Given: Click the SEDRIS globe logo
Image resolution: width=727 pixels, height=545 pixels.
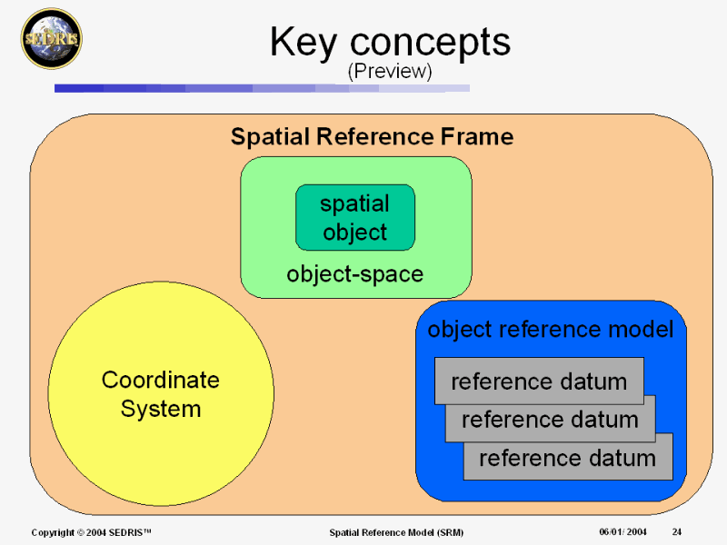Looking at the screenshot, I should click(x=51, y=39).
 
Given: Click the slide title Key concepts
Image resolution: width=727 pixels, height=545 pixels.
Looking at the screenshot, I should click(x=390, y=42).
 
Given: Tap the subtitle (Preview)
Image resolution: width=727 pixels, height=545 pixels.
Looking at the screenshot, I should click(x=389, y=70).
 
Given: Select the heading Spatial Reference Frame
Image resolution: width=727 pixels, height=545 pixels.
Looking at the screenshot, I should click(x=372, y=137).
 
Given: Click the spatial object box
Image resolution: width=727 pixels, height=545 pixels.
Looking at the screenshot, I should click(x=355, y=218).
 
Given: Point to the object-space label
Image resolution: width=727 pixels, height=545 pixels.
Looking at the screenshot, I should click(x=355, y=273).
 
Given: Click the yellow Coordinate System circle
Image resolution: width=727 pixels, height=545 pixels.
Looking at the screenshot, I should click(x=161, y=394).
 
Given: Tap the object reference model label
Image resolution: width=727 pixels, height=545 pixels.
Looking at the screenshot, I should click(x=550, y=330).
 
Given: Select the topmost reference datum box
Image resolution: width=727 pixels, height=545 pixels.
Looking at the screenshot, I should click(x=539, y=381).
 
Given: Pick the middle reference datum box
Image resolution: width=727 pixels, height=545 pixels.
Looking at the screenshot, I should click(x=550, y=420).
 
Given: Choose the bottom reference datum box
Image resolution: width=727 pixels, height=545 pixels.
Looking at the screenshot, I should click(x=568, y=458).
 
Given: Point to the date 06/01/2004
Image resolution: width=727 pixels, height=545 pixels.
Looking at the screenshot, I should click(x=622, y=531).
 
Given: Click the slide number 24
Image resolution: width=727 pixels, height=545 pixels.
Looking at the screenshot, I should click(x=678, y=531).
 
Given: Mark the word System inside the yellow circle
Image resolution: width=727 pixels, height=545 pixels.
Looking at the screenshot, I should click(x=161, y=410).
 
